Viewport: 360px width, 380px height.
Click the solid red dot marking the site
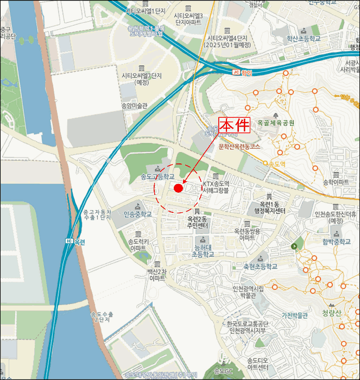(x=178, y=188)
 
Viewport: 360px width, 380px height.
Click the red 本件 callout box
(x=233, y=124)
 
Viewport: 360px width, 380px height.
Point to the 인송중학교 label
(x=137, y=214)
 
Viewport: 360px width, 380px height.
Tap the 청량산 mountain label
(x=331, y=313)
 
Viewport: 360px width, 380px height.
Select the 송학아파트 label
(x=337, y=182)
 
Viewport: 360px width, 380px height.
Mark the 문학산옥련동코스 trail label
(x=240, y=147)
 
